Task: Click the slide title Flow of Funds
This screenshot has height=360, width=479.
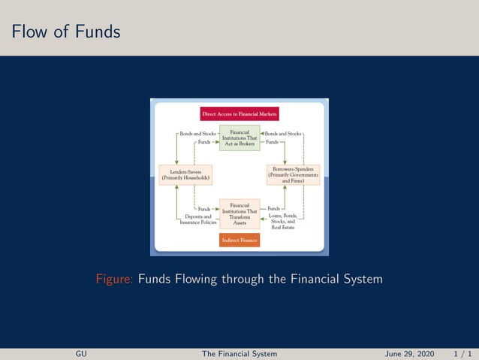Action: coord(65,32)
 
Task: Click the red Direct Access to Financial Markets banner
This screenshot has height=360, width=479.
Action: coord(239,114)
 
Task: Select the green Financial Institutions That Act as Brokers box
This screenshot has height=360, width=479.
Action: coord(239,138)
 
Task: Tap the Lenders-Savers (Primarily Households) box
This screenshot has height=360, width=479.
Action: coord(185,175)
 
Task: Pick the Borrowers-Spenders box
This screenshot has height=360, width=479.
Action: coord(293,175)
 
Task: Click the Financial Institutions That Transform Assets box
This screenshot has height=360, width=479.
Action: coord(239,214)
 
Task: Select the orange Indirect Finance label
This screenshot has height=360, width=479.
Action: coord(239,240)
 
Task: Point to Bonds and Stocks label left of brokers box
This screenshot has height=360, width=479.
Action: coord(192,134)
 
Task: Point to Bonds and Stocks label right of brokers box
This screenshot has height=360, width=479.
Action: coord(282,134)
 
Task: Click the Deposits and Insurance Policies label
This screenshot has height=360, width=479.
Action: coord(198,219)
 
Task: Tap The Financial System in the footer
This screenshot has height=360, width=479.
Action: coord(239,352)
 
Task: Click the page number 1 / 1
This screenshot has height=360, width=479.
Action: coord(462,352)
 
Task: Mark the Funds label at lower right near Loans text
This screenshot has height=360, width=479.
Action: coord(273,208)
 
